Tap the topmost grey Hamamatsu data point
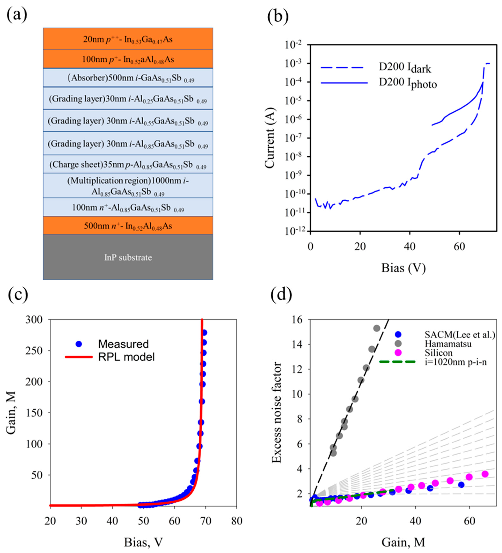[x=377, y=328]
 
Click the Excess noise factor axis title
[x=277, y=413]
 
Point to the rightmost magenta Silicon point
[x=485, y=474]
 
